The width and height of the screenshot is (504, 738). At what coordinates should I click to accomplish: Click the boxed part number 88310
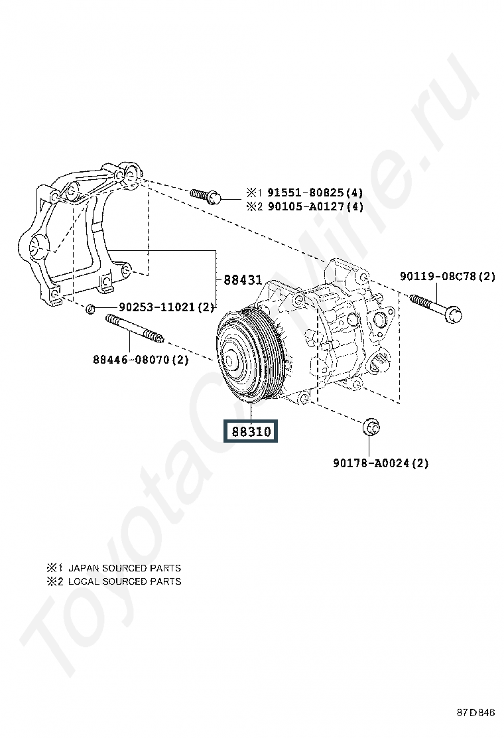(x=251, y=431)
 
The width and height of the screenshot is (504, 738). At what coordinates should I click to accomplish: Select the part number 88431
(x=243, y=280)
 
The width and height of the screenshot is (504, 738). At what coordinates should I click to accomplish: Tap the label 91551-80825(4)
(x=315, y=192)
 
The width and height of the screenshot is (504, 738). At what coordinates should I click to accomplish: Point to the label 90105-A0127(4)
(x=315, y=206)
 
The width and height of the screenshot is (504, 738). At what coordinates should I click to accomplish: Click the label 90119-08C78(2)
(x=448, y=276)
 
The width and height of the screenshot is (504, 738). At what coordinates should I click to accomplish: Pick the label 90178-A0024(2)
(x=381, y=463)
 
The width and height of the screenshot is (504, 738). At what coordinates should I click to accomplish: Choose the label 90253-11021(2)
(x=166, y=307)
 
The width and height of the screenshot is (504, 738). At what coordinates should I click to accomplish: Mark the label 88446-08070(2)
(x=141, y=360)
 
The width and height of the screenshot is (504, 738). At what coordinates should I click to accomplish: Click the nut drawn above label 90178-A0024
(x=371, y=427)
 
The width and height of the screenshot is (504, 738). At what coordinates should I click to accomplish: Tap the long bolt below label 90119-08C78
(x=435, y=307)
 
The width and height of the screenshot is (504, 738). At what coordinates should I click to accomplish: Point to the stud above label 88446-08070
(x=135, y=328)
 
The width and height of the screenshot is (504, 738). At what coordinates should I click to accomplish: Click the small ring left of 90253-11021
(x=91, y=309)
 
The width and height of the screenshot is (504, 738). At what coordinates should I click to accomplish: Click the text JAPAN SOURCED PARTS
(x=125, y=568)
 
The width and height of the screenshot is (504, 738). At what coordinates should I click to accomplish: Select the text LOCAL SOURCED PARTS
(x=125, y=581)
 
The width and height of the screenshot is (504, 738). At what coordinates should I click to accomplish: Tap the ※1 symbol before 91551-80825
(x=254, y=192)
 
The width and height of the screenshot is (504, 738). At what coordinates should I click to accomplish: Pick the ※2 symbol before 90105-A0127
(x=254, y=206)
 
